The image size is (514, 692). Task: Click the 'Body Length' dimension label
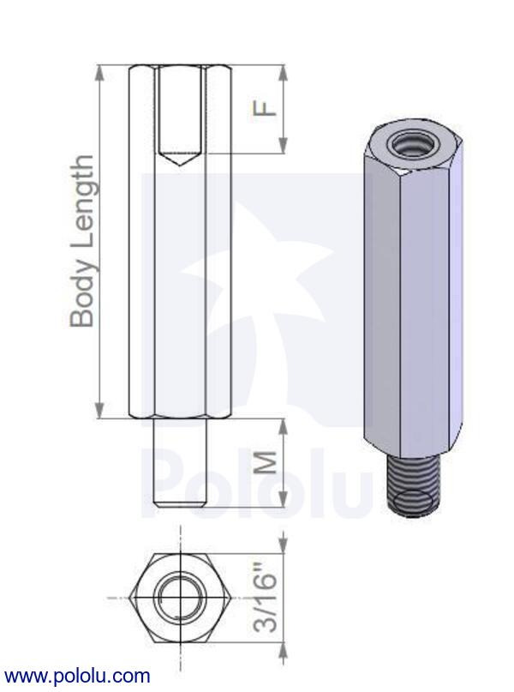pos(82,241)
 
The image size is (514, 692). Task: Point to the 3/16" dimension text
pos(267,598)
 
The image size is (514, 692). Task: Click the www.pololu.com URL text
pos(77,677)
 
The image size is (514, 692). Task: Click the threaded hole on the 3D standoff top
pos(404,144)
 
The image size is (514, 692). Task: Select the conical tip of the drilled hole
pos(182,159)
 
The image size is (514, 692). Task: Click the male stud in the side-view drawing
pos(181,461)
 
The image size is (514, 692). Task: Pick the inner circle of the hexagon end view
pos(181,597)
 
